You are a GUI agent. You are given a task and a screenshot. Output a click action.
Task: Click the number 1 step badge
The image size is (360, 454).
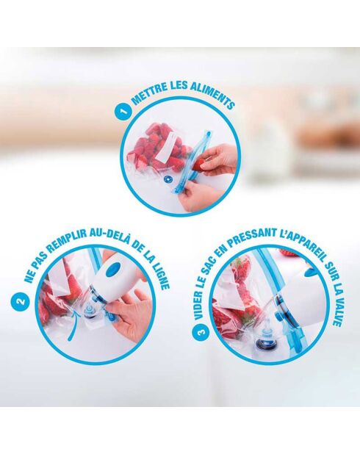click(122, 112)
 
